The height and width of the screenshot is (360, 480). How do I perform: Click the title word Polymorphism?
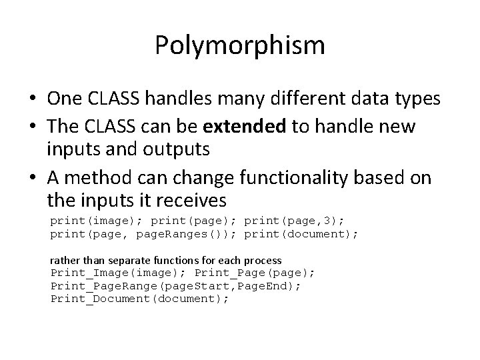(x=240, y=46)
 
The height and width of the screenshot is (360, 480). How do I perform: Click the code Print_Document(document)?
(x=140, y=298)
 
